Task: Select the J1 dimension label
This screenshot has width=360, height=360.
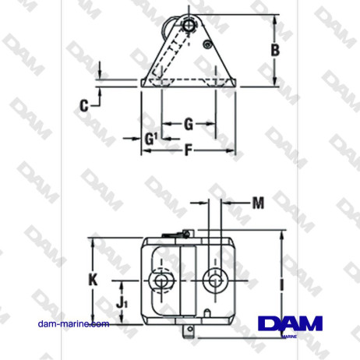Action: point(121,298)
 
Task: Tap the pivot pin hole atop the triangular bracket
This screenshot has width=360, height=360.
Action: point(189,25)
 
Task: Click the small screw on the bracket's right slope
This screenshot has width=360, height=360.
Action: point(206,45)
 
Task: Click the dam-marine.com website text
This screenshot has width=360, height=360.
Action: point(73,323)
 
